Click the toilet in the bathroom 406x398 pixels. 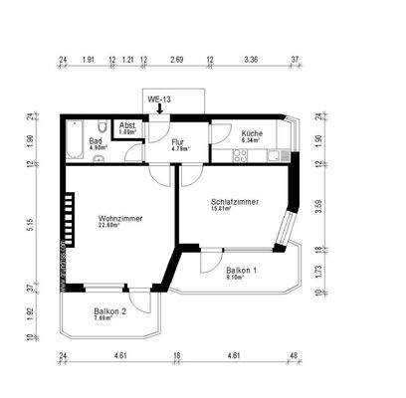click(x=104, y=126)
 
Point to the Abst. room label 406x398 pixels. click(x=127, y=125)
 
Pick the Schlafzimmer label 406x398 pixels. click(x=235, y=201)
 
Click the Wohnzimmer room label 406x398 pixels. click(x=117, y=217)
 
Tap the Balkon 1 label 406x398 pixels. click(x=242, y=271)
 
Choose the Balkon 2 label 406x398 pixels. click(x=109, y=311)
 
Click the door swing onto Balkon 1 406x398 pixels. click(x=212, y=260)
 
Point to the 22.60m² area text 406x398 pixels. click(x=109, y=226)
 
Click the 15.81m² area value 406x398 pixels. click(x=220, y=209)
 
